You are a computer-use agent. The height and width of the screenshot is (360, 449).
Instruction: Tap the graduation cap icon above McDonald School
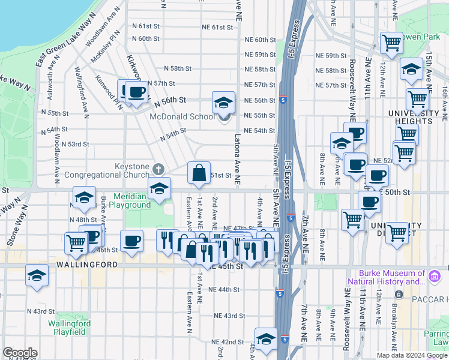pos(223,102)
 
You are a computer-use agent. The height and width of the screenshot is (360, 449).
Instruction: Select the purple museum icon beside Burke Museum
pos(435,277)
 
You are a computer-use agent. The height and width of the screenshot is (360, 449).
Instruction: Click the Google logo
pos(19,353)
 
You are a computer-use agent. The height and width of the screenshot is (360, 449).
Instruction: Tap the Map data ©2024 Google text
pos(412,355)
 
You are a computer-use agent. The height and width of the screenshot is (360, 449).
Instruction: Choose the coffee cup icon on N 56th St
pos(136,92)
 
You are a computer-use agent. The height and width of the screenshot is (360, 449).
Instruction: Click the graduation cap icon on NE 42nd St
pos(266,339)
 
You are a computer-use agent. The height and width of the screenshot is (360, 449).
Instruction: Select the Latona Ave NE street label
pos(238,160)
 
